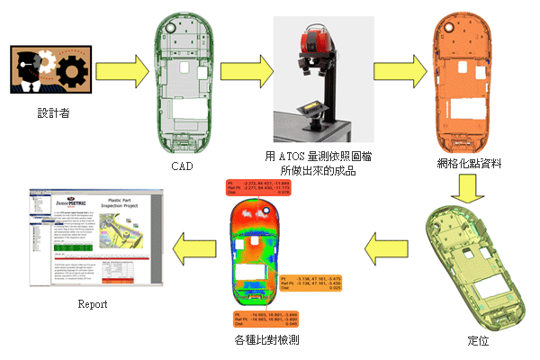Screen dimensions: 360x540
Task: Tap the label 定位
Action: point(479,342)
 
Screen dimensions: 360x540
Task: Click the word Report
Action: point(93,304)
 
